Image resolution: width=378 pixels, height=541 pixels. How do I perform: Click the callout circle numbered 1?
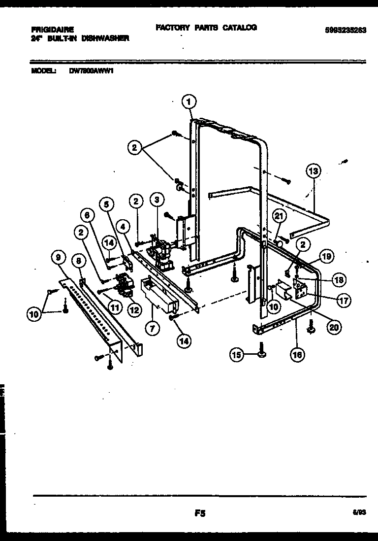click(x=189, y=102)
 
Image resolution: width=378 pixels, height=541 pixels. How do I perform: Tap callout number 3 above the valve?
click(x=157, y=200)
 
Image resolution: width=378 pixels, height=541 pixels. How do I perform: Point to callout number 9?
click(x=58, y=257)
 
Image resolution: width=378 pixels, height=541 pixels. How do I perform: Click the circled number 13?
click(x=313, y=171)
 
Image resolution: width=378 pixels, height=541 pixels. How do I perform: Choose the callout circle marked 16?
click(x=297, y=354)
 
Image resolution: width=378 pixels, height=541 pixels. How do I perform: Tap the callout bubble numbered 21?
click(x=279, y=215)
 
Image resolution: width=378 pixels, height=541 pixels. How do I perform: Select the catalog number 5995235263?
click(x=345, y=30)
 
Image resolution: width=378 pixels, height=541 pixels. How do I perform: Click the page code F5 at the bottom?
click(x=199, y=513)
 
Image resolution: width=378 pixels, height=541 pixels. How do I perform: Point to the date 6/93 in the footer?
click(x=359, y=513)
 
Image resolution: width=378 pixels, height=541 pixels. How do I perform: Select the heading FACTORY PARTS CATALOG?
click(x=206, y=28)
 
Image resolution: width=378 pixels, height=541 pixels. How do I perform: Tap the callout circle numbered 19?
click(x=326, y=256)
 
